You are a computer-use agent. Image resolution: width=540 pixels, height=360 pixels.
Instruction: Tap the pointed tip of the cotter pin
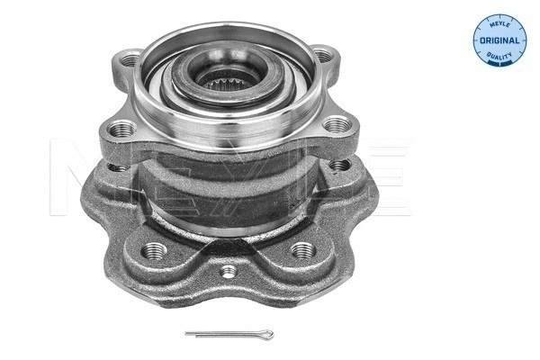click(x=186, y=335)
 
